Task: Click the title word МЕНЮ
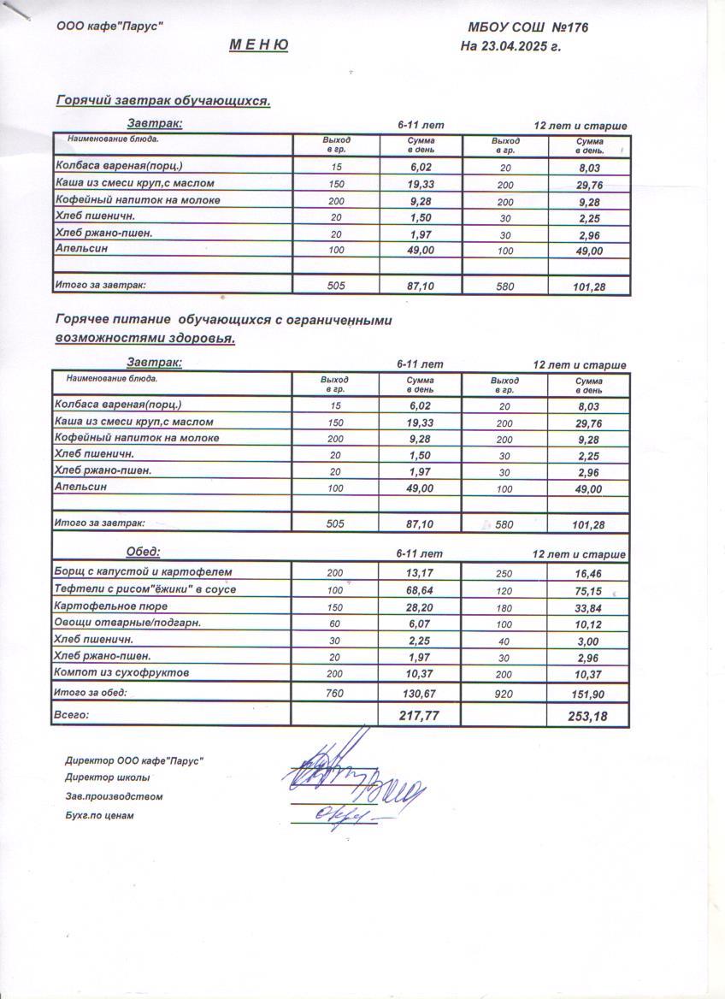[258, 45]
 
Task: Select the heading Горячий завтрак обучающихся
[163, 101]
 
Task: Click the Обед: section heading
[143, 552]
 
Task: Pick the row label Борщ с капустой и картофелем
[143, 571]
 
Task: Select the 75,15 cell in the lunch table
[588, 590]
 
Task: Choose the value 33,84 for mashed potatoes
[588, 607]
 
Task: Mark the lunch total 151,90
[588, 694]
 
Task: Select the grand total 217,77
[419, 715]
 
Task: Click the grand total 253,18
[588, 716]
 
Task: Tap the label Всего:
[72, 713]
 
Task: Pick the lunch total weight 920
[504, 694]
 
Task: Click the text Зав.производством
[114, 796]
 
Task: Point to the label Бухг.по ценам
[99, 815]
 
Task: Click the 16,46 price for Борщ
[588, 573]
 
